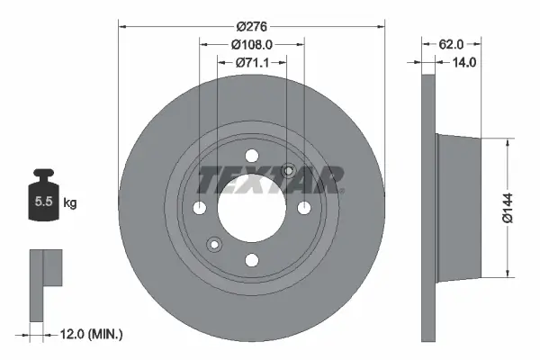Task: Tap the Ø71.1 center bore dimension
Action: point(252,63)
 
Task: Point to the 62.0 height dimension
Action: point(452,42)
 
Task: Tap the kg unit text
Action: point(70,203)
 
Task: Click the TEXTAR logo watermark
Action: point(270,180)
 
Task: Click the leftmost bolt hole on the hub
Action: point(200,208)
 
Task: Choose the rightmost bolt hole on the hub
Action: point(304,208)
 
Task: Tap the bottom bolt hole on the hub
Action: point(252,260)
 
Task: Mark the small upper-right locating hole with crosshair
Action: point(289,171)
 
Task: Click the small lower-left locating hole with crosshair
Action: point(214,244)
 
